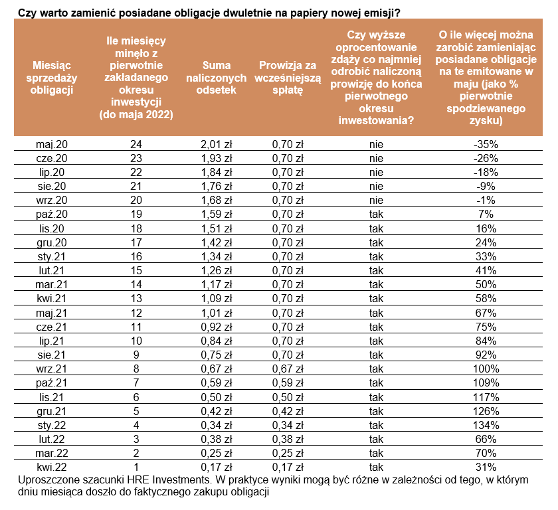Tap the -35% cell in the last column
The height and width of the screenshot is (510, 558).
pyautogui.click(x=484, y=143)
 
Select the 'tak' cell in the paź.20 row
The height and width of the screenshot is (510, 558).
pyautogui.click(x=377, y=214)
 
